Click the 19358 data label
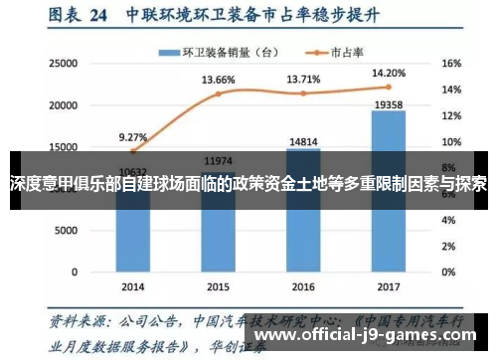(x=389, y=102)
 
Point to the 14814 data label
(x=304, y=141)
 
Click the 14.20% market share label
(x=389, y=72)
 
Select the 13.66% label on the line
(x=218, y=80)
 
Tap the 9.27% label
(x=132, y=137)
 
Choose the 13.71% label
(x=304, y=78)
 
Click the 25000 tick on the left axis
(x=63, y=63)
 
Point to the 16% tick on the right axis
(x=451, y=63)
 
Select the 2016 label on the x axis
(x=304, y=284)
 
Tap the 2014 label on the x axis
(x=133, y=284)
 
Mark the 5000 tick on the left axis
(x=66, y=230)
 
